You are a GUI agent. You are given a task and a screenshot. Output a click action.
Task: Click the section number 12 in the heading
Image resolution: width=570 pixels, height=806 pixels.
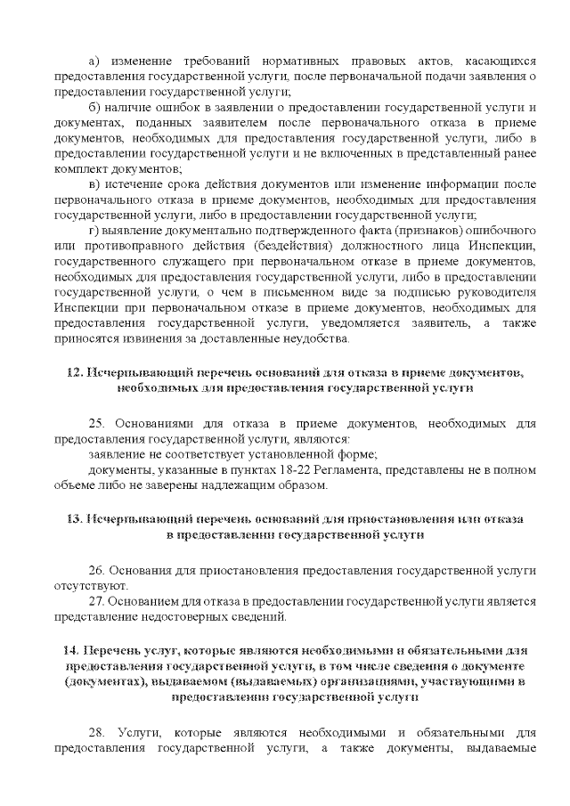(x=75, y=371)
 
